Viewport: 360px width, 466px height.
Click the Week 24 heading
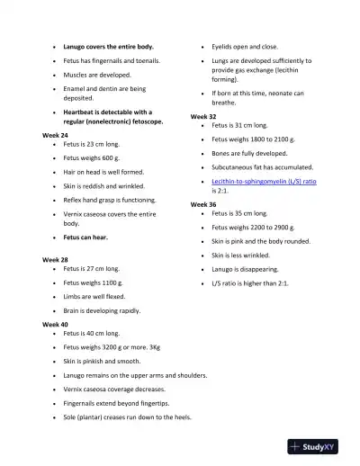point(55,134)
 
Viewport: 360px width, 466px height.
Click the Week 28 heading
point(55,259)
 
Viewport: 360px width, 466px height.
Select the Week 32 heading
point(203,117)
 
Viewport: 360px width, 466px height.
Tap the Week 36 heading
point(203,204)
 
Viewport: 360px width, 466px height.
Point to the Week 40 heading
point(55,324)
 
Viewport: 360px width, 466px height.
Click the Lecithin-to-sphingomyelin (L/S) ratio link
point(264,181)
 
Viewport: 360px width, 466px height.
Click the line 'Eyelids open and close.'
point(245,46)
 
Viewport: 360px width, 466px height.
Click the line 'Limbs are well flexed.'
point(94,296)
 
